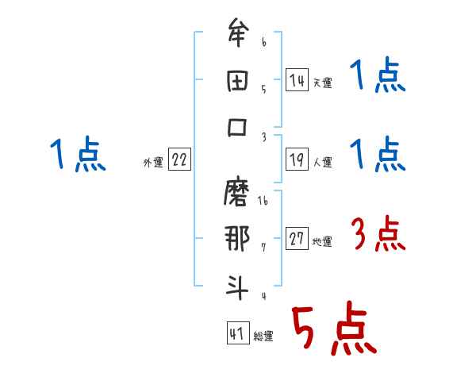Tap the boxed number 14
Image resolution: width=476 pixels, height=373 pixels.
pos(297,80)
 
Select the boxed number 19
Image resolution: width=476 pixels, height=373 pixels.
pos(297,160)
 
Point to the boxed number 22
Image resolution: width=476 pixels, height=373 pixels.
pos(179,160)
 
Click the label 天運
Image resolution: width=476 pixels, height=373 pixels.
pos(322,83)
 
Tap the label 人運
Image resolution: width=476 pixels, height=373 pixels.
pos(322,163)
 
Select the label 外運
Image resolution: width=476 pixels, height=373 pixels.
pos(153,163)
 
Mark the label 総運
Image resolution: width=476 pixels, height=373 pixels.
pos(263,336)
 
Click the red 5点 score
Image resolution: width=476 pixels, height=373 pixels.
pos(332,329)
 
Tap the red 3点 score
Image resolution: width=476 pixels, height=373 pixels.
pos(378,235)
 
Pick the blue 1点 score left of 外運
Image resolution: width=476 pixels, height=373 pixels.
pos(77,155)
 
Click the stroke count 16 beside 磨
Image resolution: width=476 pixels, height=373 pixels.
pos(263,203)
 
